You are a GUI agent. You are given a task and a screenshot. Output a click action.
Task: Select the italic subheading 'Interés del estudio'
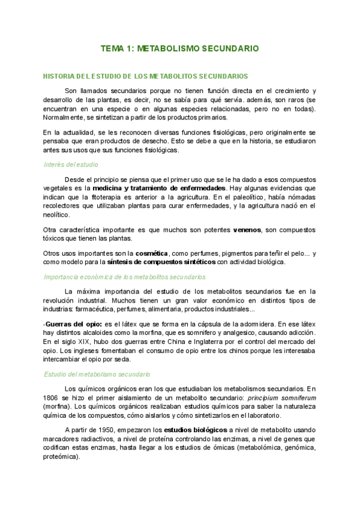(x=71, y=164)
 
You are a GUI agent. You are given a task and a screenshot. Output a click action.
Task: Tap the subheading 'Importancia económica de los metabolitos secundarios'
(x=125, y=277)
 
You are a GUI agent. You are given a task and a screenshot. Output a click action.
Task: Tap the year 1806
(x=52, y=397)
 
